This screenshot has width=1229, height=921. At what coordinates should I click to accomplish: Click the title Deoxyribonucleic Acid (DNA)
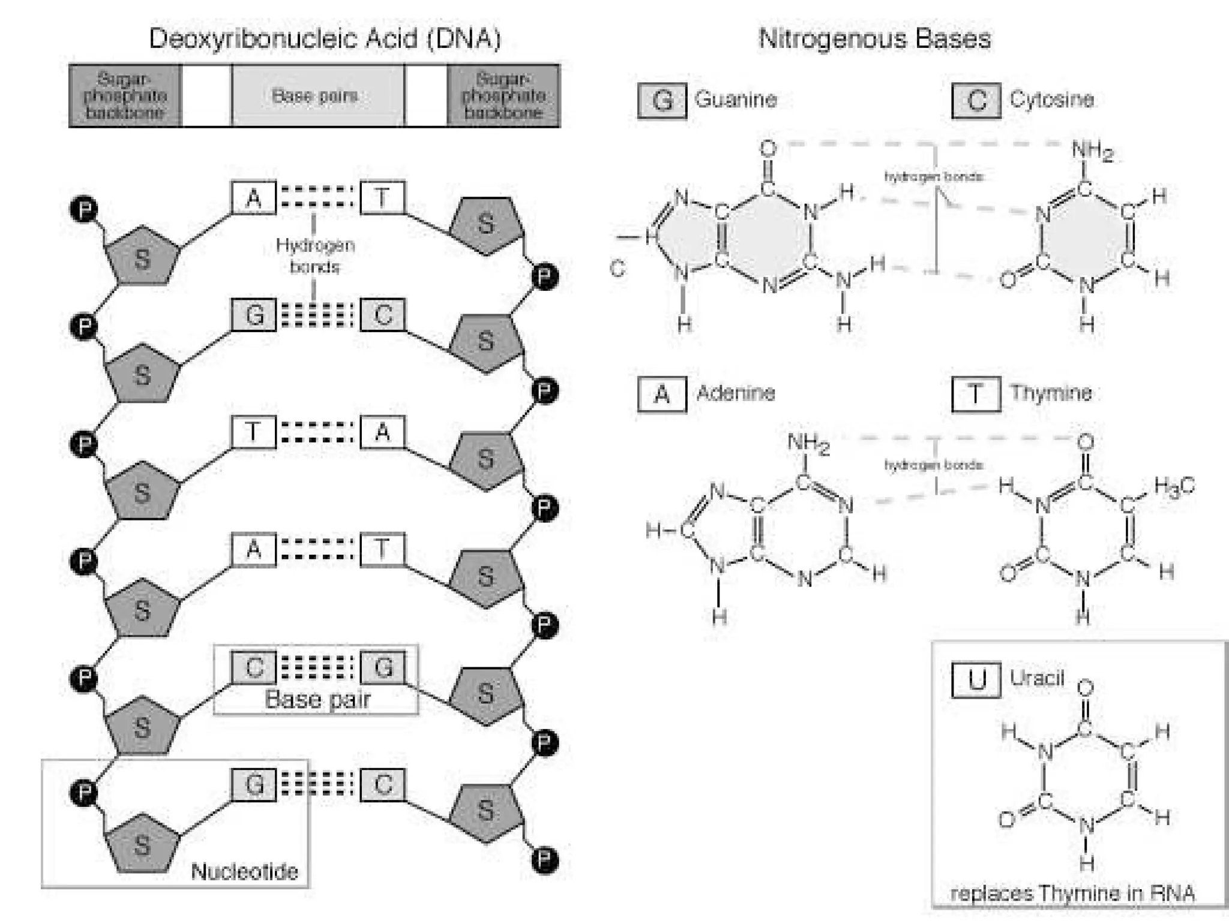(324, 39)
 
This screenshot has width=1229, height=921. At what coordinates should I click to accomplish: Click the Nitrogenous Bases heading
(874, 39)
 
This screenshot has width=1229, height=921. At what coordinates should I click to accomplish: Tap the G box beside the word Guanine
(662, 101)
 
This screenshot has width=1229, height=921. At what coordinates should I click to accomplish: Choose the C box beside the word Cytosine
(976, 101)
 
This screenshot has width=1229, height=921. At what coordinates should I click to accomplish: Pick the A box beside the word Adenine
(662, 395)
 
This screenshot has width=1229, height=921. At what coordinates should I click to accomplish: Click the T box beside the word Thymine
(976, 395)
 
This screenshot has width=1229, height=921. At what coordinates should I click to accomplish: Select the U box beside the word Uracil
(976, 680)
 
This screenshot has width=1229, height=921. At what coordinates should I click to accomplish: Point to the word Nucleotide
(244, 871)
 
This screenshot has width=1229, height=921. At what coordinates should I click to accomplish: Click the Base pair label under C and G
(317, 700)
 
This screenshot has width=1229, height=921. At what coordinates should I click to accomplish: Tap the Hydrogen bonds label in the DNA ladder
(315, 255)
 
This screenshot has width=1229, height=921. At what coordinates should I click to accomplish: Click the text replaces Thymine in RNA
(1073, 893)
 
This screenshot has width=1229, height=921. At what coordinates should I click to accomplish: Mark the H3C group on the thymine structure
(1174, 486)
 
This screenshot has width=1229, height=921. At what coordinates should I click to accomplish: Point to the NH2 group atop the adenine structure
(808, 444)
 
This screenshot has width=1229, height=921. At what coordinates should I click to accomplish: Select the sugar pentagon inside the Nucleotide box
(142, 843)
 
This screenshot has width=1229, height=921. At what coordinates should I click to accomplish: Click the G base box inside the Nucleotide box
(254, 784)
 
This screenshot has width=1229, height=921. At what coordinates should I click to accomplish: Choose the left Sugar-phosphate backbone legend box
(125, 96)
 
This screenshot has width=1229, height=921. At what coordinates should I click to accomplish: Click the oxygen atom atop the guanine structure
(768, 148)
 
